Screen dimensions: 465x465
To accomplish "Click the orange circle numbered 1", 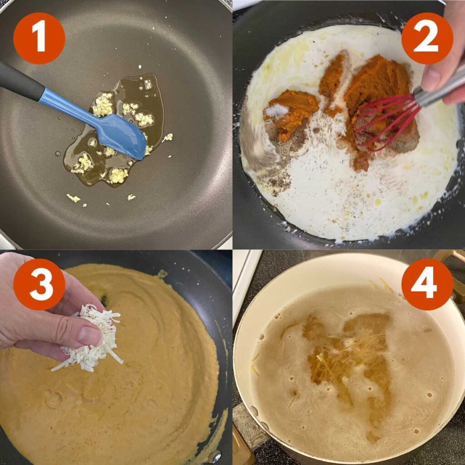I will pyautogui.click(x=39, y=38).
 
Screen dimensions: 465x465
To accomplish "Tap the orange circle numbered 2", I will pyautogui.click(x=427, y=38).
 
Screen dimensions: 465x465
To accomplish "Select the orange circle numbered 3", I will pyautogui.click(x=39, y=284).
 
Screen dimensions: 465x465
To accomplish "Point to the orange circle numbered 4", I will pyautogui.click(x=427, y=284).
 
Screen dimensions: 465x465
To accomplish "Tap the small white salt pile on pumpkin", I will pyautogui.click(x=276, y=110).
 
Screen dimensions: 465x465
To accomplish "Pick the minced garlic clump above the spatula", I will pyautogui.click(x=103, y=105).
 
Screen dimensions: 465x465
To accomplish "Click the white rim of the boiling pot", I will pyautogui.click(x=318, y=266).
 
